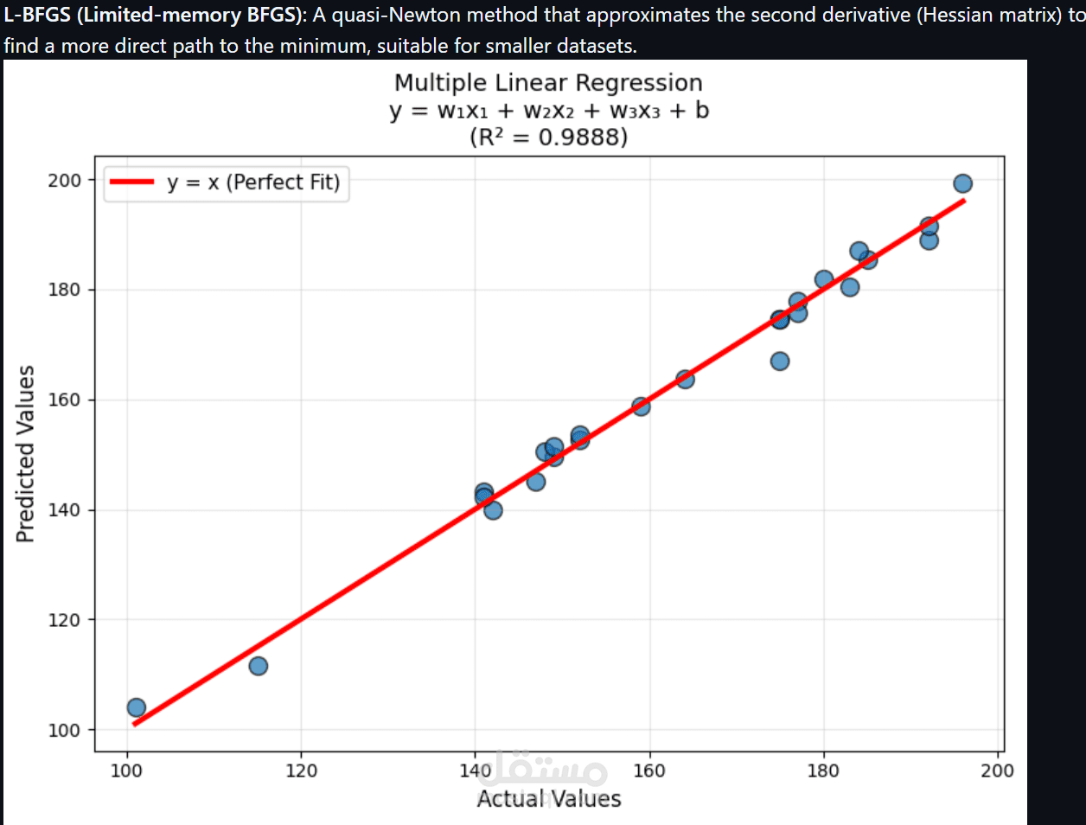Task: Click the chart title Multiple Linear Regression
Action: coord(548,83)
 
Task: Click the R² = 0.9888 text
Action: coord(548,137)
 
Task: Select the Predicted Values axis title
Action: coord(25,454)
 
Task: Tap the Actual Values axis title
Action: coord(548,798)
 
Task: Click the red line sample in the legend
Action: coord(131,182)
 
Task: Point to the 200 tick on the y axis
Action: coord(65,180)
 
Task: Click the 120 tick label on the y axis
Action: coord(65,620)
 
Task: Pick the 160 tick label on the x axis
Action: coord(649,771)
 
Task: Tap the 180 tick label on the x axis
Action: coord(823,771)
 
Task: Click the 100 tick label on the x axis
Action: coord(126,771)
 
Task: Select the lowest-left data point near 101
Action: coord(136,708)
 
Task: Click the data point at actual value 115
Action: coord(258,666)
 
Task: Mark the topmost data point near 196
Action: coord(962,183)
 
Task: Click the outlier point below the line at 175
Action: coord(780,361)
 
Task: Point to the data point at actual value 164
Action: coord(685,379)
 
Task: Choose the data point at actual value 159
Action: coord(641,406)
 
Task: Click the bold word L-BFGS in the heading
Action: coord(37,16)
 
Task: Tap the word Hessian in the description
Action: coord(954,16)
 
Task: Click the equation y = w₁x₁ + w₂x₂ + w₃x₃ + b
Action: coord(548,111)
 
